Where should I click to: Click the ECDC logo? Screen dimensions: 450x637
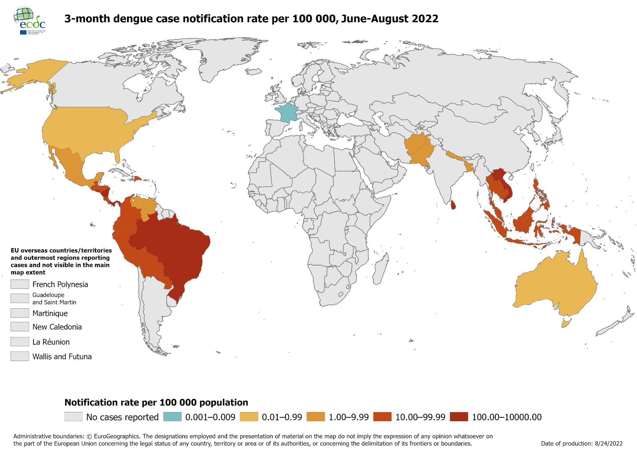point(29,21)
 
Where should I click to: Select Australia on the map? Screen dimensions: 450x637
point(555,284)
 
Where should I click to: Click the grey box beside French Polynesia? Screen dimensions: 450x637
point(20,284)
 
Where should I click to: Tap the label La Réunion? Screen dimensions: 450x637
point(51,342)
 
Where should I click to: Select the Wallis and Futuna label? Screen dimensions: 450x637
point(62,357)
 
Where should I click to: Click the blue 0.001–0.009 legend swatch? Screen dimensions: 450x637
point(172,417)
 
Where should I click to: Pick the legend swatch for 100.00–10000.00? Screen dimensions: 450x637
point(459,417)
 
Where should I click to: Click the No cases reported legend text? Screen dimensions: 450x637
point(122,417)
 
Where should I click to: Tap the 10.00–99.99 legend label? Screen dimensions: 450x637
point(420,417)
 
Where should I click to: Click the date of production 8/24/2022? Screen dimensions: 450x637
point(582,444)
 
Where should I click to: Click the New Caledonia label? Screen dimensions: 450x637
point(57,327)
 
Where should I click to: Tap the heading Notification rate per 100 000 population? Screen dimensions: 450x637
point(156,402)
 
